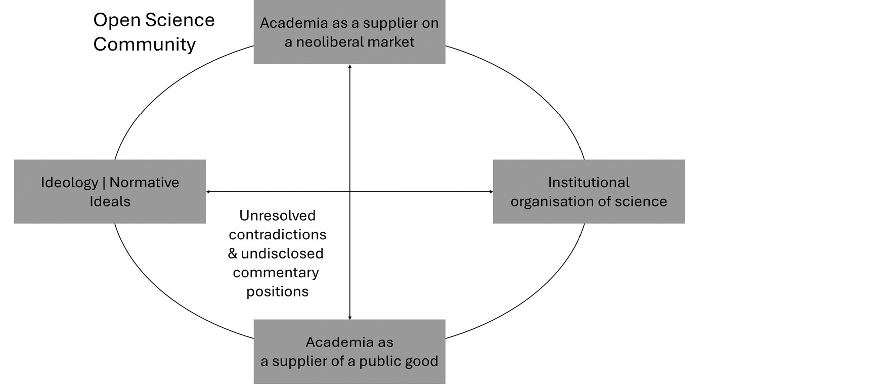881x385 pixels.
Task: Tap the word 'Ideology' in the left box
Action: point(70,183)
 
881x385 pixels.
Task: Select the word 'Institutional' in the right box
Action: point(589,183)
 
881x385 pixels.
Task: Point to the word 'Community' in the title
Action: point(144,45)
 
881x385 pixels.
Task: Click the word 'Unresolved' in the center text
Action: point(277,216)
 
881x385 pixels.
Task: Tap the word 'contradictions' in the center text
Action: point(277,235)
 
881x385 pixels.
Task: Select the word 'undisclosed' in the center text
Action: point(282,253)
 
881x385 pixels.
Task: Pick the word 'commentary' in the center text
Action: point(276,273)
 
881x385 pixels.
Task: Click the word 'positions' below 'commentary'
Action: point(277,292)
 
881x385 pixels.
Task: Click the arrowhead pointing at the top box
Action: point(350,67)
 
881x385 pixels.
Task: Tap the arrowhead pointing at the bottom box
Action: point(350,317)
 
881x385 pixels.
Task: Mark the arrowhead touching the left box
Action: point(208,192)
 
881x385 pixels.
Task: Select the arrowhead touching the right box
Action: point(491,192)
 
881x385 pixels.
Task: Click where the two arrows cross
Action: point(350,192)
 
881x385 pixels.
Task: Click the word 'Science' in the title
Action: point(180,20)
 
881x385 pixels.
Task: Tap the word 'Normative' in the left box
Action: point(144,183)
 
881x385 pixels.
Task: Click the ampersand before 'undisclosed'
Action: point(233,253)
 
